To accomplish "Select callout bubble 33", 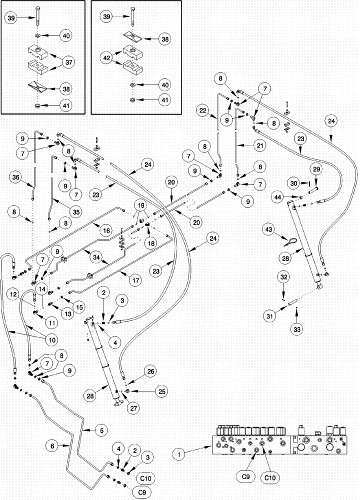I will [x=297, y=330].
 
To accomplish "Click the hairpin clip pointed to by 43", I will [x=291, y=241].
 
